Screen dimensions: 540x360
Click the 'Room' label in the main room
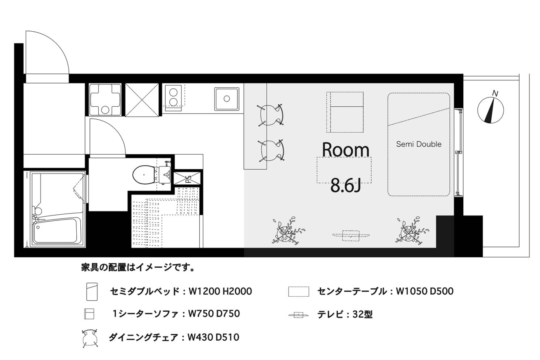tap(346, 150)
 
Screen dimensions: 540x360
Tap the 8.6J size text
tap(346, 185)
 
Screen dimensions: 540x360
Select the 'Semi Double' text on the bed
tap(419, 144)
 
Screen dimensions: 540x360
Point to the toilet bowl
tap(144, 175)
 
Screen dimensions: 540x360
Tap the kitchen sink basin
tap(227, 99)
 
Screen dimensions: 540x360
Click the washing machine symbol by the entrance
tap(105, 100)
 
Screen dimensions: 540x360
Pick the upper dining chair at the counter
tap(271, 115)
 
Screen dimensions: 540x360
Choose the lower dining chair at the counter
tap(271, 151)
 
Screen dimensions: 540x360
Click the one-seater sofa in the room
tap(345, 112)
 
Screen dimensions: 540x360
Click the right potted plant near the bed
tap(410, 232)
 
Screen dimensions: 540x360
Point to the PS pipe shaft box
tap(187, 179)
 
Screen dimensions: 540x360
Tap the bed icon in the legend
tap(92, 291)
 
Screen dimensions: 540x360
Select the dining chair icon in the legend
tap(90, 338)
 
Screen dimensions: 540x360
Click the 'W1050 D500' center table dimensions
tap(425, 291)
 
